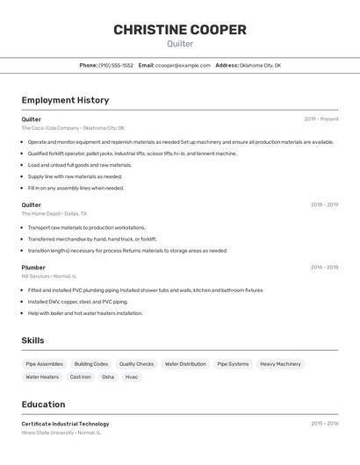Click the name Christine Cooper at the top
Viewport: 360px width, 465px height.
click(x=180, y=30)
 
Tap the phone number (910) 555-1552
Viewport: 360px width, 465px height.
click(x=116, y=65)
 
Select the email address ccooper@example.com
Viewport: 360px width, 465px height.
click(x=184, y=65)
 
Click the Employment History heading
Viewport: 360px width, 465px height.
click(x=65, y=100)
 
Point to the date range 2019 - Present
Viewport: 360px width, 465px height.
click(x=321, y=119)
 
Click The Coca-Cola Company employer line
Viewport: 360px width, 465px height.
click(x=73, y=128)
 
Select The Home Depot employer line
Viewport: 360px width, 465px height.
click(x=54, y=214)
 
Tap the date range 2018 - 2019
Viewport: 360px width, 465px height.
click(x=324, y=205)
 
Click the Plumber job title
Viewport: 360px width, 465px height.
click(x=33, y=268)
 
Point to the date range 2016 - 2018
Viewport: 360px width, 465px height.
click(x=324, y=268)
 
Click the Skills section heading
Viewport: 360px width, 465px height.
click(x=32, y=340)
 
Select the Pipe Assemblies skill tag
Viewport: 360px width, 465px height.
click(x=45, y=364)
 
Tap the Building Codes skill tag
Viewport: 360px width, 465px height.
click(x=91, y=364)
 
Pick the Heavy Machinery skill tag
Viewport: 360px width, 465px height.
click(x=280, y=364)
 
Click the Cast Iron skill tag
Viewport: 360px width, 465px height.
click(x=81, y=377)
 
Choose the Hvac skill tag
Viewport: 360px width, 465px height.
click(x=132, y=377)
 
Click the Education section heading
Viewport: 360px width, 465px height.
click(x=43, y=404)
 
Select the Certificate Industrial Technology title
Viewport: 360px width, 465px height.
click(x=66, y=424)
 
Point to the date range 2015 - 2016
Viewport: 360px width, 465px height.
click(x=324, y=424)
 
